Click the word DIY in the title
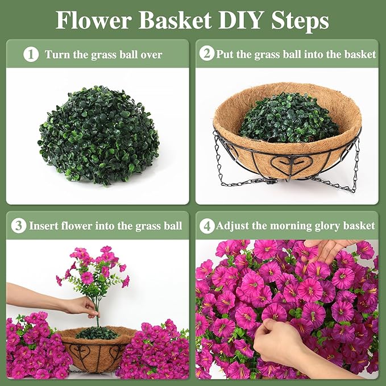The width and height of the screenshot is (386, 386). pyautogui.click(x=240, y=20)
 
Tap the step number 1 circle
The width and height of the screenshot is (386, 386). pyautogui.click(x=31, y=55)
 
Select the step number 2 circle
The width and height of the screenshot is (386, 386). pyautogui.click(x=207, y=53)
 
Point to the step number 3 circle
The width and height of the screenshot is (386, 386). pyautogui.click(x=19, y=226)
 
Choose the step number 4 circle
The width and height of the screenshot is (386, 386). pyautogui.click(x=207, y=226)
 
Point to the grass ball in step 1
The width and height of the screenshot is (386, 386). pyautogui.click(x=98, y=135)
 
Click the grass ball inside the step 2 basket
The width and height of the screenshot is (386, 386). pyautogui.click(x=289, y=118)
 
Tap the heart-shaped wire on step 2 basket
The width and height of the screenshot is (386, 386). pyautogui.click(x=292, y=163)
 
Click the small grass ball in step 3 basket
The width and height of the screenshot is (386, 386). pyautogui.click(x=97, y=333)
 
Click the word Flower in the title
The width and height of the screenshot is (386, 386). pyautogui.click(x=93, y=20)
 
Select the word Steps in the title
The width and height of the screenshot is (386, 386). pyautogui.click(x=300, y=20)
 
